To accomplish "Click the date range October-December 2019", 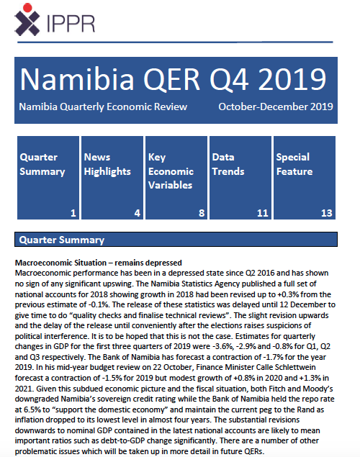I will tap(275, 107).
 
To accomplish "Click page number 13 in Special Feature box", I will tap(327, 213).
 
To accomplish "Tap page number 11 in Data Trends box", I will tap(264, 213).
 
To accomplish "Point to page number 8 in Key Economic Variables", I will tap(202, 213).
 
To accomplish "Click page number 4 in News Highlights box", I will tap(138, 213).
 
